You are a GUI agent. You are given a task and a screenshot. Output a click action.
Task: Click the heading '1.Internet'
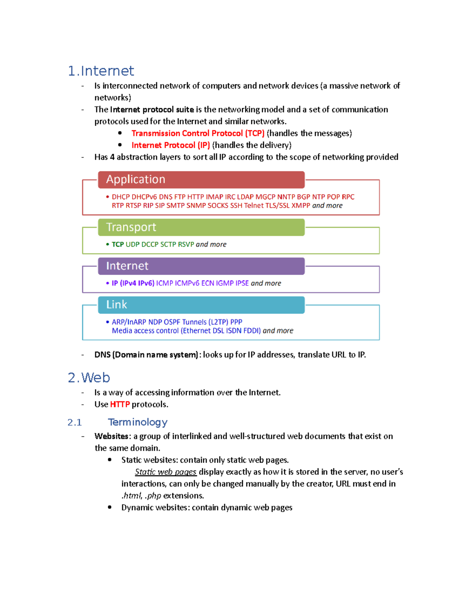[101, 71]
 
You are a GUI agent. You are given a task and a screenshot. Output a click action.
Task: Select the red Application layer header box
[201, 180]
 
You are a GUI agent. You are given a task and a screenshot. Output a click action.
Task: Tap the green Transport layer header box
[201, 227]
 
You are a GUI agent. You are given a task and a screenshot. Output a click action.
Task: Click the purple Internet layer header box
[201, 266]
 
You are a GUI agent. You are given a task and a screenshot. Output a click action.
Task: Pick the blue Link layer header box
[201, 305]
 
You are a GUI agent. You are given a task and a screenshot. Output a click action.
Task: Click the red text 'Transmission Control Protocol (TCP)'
[198, 133]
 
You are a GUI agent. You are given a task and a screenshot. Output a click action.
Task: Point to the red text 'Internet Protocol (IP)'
[171, 145]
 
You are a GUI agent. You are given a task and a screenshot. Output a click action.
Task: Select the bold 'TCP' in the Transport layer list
[117, 244]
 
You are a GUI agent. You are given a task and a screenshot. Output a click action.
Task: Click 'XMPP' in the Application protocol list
[301, 206]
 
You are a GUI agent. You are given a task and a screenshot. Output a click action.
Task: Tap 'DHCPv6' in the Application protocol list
[144, 197]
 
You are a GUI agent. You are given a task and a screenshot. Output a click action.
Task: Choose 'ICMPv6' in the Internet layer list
[187, 283]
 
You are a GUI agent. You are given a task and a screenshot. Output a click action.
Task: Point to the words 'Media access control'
[145, 331]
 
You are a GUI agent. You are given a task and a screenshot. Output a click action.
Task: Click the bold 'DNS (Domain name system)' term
[146, 355]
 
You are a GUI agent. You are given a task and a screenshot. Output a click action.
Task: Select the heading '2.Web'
[89, 378]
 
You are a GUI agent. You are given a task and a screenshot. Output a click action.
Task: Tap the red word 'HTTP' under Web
[120, 405]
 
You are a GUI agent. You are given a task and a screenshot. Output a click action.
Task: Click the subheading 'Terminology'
[138, 422]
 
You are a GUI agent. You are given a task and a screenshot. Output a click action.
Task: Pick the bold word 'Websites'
[111, 436]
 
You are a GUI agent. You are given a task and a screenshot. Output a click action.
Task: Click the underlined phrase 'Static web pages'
[166, 472]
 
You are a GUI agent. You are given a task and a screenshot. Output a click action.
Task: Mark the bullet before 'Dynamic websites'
[110, 508]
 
